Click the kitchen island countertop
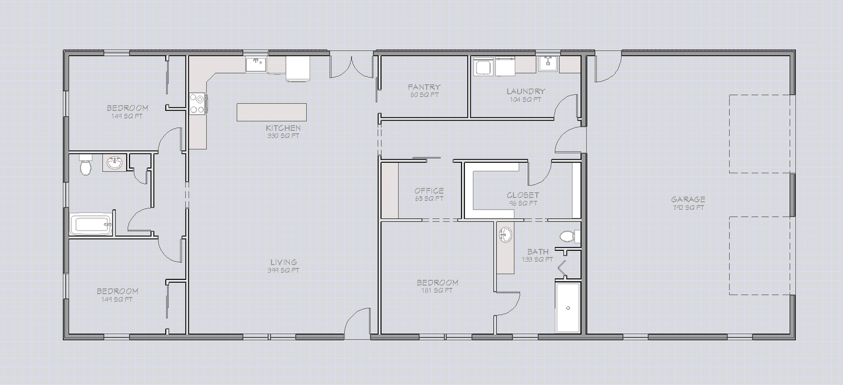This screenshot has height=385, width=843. point(271,112)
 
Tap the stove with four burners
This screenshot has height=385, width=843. point(197,103)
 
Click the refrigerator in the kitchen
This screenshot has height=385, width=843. point(298,69)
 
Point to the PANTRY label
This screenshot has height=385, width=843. point(424,87)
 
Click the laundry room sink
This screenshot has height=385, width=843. point(548,64)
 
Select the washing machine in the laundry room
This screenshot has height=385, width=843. point(482,67)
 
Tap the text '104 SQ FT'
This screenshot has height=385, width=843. point(526,100)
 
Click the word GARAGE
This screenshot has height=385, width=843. point(688,199)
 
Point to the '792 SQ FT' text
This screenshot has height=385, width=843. point(688,208)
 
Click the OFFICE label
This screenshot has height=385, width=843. point(429,191)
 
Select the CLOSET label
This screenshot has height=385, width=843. point(523,195)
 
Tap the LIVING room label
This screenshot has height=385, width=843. point(284,262)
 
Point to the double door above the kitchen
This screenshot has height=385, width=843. point(351,65)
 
